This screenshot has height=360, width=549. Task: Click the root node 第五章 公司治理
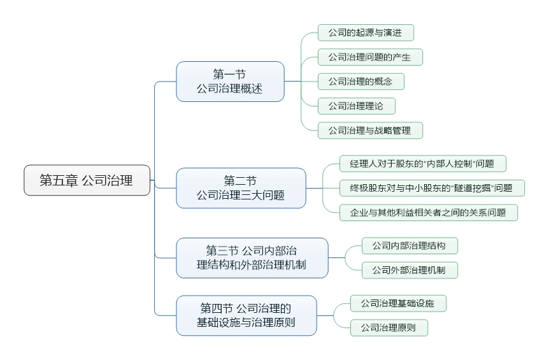pyautogui.click(x=87, y=180)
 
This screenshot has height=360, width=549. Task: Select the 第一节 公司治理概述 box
pyautogui.click(x=230, y=82)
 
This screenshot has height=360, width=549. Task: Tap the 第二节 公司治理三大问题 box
pyautogui.click(x=241, y=188)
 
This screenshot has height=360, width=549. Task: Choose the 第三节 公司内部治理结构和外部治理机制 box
pyautogui.click(x=252, y=257)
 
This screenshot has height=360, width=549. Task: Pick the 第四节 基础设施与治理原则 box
pyautogui.click(x=246, y=315)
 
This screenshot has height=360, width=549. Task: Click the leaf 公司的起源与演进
pyautogui.click(x=366, y=32)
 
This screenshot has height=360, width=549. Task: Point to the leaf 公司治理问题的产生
pyautogui.click(x=369, y=57)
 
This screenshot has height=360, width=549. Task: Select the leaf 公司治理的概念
pyautogui.click(x=360, y=82)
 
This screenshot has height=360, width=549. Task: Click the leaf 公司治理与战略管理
pyautogui.click(x=369, y=131)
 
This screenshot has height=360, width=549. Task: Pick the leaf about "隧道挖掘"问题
pyautogui.click(x=432, y=188)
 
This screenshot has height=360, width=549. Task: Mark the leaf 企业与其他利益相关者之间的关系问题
pyautogui.click(x=428, y=213)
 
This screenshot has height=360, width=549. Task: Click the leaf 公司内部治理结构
pyautogui.click(x=409, y=245)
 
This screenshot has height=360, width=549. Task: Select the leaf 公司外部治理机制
pyautogui.click(x=409, y=270)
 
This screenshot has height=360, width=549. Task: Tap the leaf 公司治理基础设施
pyautogui.click(x=397, y=303)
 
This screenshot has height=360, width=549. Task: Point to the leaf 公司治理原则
pyautogui.click(x=388, y=328)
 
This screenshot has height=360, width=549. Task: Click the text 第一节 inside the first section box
pyautogui.click(x=230, y=75)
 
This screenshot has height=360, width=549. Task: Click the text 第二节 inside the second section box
pyautogui.click(x=241, y=181)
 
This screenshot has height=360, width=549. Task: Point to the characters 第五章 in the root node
pyautogui.click(x=57, y=180)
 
